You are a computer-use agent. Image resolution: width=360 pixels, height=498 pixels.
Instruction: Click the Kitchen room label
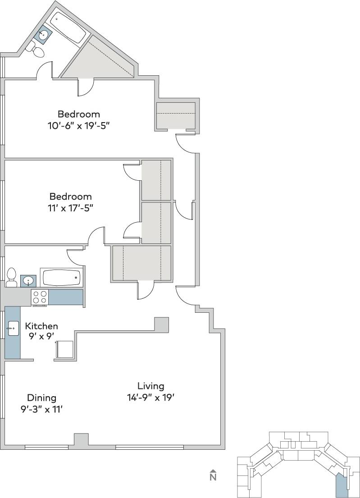tap(41, 326)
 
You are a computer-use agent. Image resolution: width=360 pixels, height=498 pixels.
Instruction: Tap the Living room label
tap(151, 386)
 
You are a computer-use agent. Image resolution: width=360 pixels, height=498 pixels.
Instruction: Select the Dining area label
tap(41, 398)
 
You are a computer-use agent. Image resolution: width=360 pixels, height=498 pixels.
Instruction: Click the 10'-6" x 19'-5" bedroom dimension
tap(79, 126)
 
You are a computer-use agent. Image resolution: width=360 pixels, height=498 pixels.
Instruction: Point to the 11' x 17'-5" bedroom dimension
tap(71, 208)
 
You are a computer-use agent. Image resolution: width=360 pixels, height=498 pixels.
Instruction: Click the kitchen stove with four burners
tap(40, 297)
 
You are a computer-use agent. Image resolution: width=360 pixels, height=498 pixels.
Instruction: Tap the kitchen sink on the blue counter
tap(13, 328)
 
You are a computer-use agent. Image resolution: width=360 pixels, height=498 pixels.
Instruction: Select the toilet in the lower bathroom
tap(12, 277)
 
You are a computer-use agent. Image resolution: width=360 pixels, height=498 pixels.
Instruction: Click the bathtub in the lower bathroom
tap(61, 277)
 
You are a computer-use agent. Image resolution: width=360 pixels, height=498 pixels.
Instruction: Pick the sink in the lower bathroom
tap(28, 281)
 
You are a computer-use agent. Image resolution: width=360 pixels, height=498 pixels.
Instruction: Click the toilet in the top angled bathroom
tap(36, 51)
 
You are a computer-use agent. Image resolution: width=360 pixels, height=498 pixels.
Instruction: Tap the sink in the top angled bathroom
tap(44, 34)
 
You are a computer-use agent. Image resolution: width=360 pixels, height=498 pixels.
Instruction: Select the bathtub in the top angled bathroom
tap(67, 27)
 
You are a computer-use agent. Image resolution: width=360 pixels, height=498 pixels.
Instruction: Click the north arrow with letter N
tap(213, 475)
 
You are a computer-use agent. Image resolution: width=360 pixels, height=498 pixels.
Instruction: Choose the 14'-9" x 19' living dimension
tap(150, 397)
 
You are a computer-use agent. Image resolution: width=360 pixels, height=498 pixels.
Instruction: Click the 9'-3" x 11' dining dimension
tap(41, 409)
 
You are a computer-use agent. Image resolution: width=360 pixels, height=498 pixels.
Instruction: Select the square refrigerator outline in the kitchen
tap(64, 349)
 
